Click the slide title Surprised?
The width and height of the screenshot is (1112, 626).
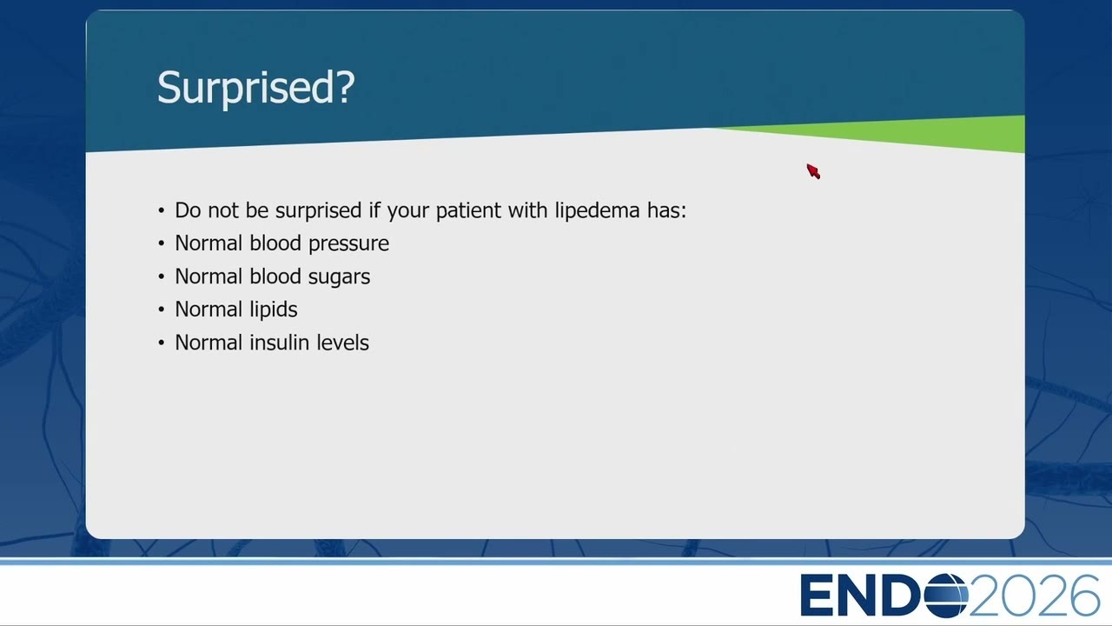tap(255, 88)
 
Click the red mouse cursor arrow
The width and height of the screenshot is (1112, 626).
tap(813, 171)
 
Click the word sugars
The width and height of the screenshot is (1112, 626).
tap(339, 277)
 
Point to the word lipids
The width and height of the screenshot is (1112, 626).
tap(273, 310)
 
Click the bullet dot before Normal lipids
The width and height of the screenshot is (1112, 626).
tap(162, 310)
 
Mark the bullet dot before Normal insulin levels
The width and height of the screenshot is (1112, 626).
tap(162, 343)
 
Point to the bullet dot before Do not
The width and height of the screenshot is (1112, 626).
tap(162, 210)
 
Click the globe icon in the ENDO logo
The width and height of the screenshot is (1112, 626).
tap(946, 596)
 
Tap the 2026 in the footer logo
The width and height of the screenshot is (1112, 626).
tap(1034, 596)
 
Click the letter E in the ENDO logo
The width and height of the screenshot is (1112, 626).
tap(816, 596)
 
